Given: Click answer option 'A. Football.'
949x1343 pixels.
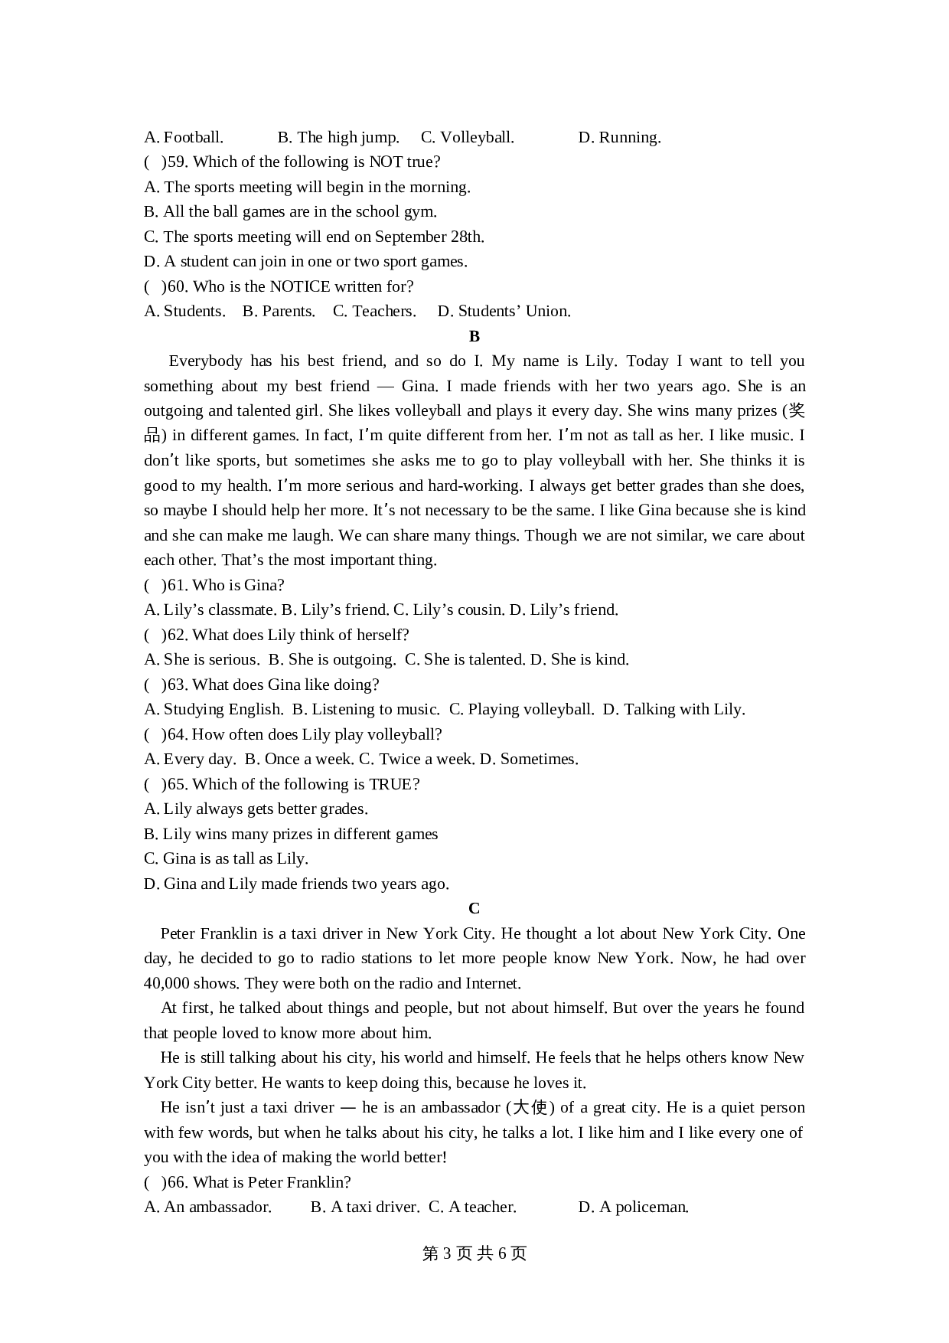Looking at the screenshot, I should (x=184, y=138).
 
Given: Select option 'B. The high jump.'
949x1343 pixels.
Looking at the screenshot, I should (x=338, y=138).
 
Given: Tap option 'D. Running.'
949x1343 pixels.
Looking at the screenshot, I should (x=619, y=138).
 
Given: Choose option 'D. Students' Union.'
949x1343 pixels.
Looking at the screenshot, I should (x=504, y=312).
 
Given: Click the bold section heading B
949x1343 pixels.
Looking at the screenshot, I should (x=474, y=336).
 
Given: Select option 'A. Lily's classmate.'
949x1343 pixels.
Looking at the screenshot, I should (x=210, y=610).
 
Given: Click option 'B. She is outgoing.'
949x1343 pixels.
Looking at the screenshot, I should (x=332, y=660).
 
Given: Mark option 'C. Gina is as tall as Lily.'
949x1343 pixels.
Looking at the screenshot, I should (x=226, y=859).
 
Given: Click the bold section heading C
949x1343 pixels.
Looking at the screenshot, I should (x=474, y=909).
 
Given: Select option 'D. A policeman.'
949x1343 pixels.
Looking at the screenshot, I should (x=633, y=1207).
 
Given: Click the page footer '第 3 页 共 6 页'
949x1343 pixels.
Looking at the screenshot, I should (x=475, y=1253).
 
